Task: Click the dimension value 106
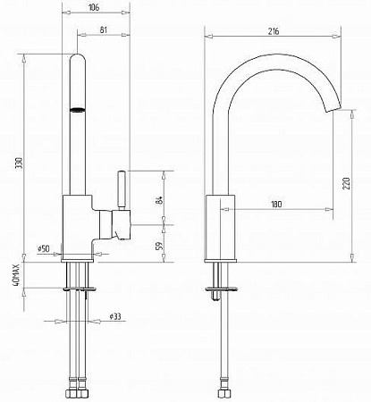[94, 7]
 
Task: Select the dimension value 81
[104, 29]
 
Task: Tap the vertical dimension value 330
[20, 163]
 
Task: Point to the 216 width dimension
[274, 31]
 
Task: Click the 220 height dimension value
[346, 183]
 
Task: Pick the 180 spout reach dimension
[276, 205]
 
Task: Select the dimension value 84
[159, 200]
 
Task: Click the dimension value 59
[160, 245]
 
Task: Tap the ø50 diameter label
[44, 248]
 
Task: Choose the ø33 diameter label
[115, 316]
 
